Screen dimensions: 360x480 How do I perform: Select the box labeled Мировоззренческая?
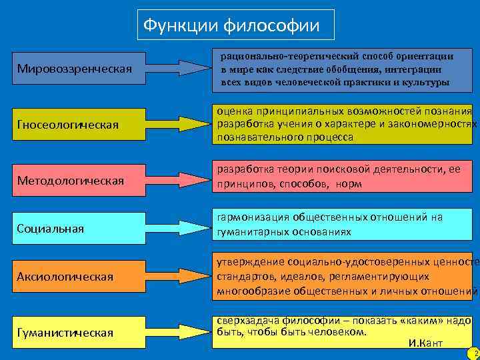(79, 68)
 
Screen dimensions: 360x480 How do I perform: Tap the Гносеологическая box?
(79, 124)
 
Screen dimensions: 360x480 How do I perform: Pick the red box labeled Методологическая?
(79, 181)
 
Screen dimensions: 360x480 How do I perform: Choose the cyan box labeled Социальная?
(79, 229)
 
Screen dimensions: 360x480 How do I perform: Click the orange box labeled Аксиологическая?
(79, 276)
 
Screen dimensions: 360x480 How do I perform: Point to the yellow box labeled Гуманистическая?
(79, 332)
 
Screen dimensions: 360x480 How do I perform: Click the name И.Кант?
(425, 343)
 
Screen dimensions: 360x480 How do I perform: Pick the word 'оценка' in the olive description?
(231, 111)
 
